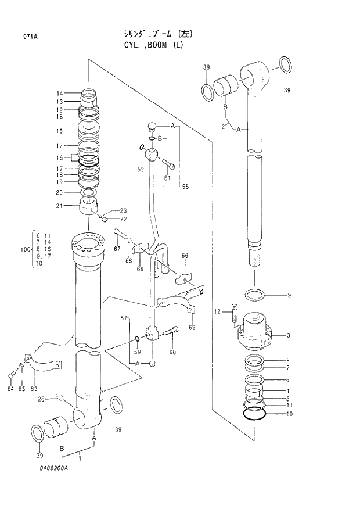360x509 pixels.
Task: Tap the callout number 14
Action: [x=59, y=94]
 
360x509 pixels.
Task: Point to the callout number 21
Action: [x=59, y=206]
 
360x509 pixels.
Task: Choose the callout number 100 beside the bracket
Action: [x=24, y=249]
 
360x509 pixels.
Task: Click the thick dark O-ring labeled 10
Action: [x=256, y=414]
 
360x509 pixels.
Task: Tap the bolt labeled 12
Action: [x=233, y=313]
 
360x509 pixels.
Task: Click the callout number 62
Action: [x=192, y=327]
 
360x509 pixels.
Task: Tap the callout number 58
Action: [x=185, y=187]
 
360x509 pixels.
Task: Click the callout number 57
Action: [x=124, y=318]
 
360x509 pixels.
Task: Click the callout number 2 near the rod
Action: [x=222, y=126]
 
